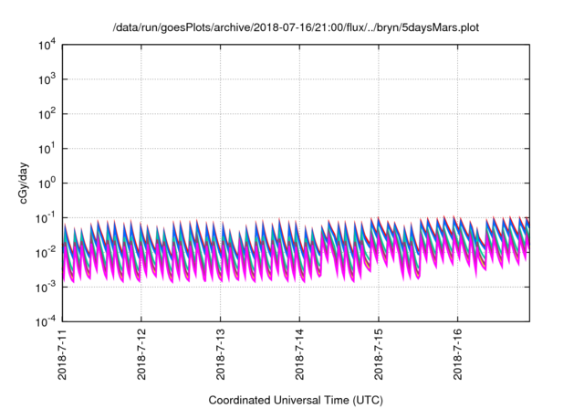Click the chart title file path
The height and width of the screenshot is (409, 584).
296,28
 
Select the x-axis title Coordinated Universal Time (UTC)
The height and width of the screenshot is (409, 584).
296,400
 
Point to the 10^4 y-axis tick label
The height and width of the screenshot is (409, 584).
46,45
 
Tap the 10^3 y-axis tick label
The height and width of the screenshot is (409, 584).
46,79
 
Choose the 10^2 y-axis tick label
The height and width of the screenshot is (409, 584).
46,114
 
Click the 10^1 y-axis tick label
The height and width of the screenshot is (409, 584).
46,148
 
